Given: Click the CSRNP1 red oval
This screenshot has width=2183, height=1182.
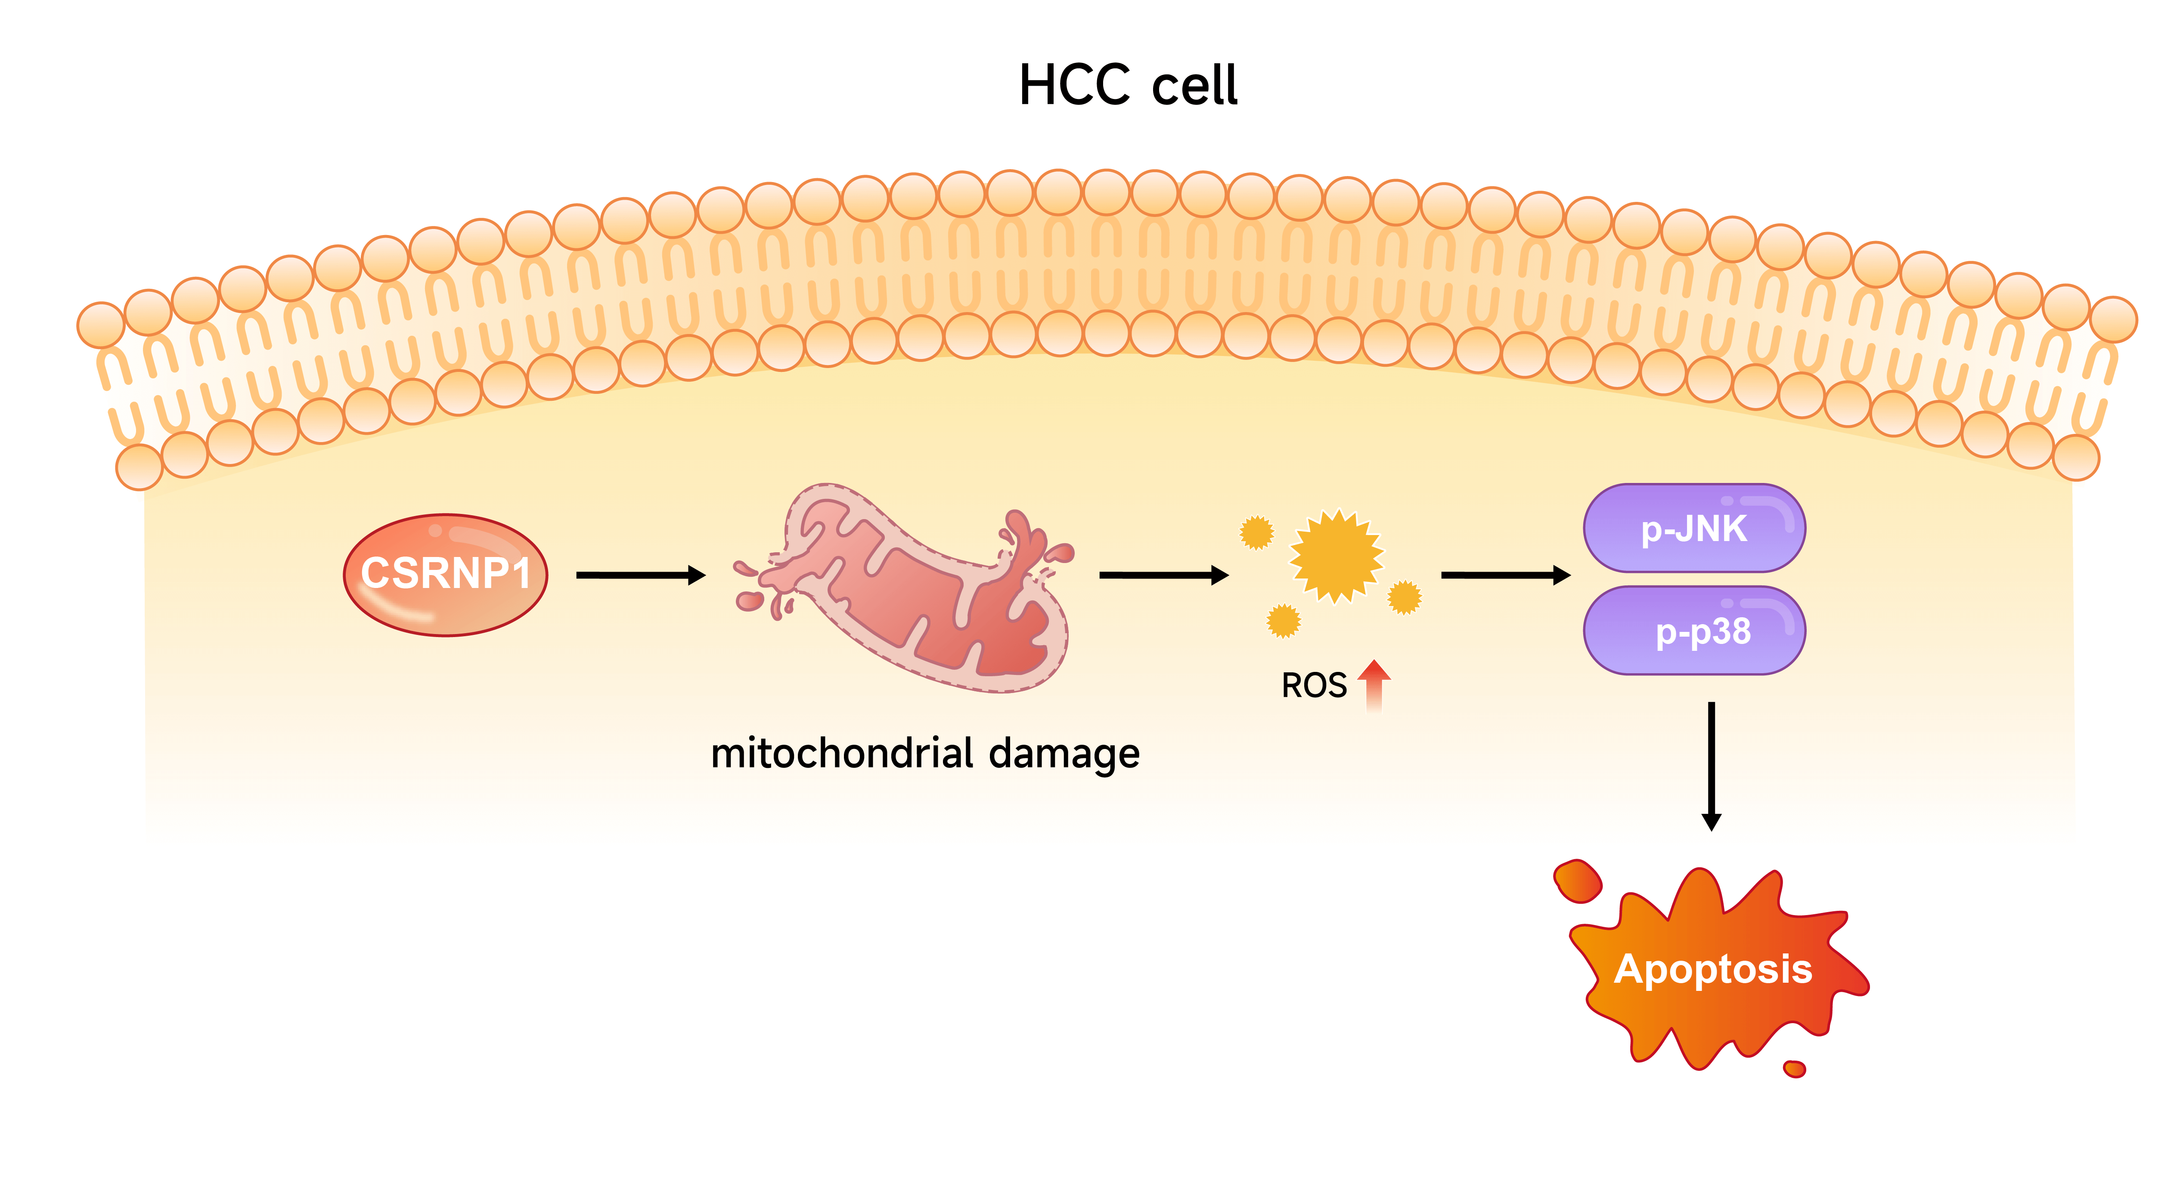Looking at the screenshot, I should (x=445, y=575).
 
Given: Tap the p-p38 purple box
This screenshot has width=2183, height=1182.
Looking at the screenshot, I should (x=1694, y=631).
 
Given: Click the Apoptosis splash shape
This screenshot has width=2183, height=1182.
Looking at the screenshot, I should (x=1712, y=970).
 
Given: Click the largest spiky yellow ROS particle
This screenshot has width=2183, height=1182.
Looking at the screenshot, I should (x=1336, y=556).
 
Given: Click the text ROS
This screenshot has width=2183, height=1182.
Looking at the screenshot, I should (x=1314, y=685).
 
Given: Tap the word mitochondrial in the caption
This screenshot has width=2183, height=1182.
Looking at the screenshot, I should (x=842, y=753).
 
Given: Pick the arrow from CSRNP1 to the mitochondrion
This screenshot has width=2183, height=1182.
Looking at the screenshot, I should (x=640, y=576).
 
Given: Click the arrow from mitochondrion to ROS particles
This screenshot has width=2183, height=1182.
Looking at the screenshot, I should (x=1163, y=576).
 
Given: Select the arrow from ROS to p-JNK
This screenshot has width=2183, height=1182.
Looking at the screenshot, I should (x=1505, y=576).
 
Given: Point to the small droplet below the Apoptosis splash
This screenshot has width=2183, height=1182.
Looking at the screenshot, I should (x=1795, y=1068).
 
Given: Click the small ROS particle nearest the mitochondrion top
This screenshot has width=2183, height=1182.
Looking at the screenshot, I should (x=1257, y=532).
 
